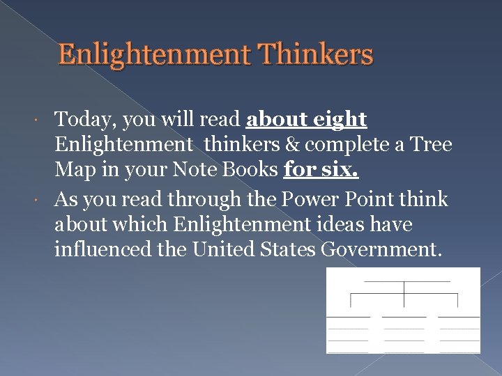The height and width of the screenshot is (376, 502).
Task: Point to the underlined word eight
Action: point(338,120)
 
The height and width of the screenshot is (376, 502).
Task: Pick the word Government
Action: point(383,250)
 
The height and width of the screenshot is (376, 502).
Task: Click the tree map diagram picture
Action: point(403,310)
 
